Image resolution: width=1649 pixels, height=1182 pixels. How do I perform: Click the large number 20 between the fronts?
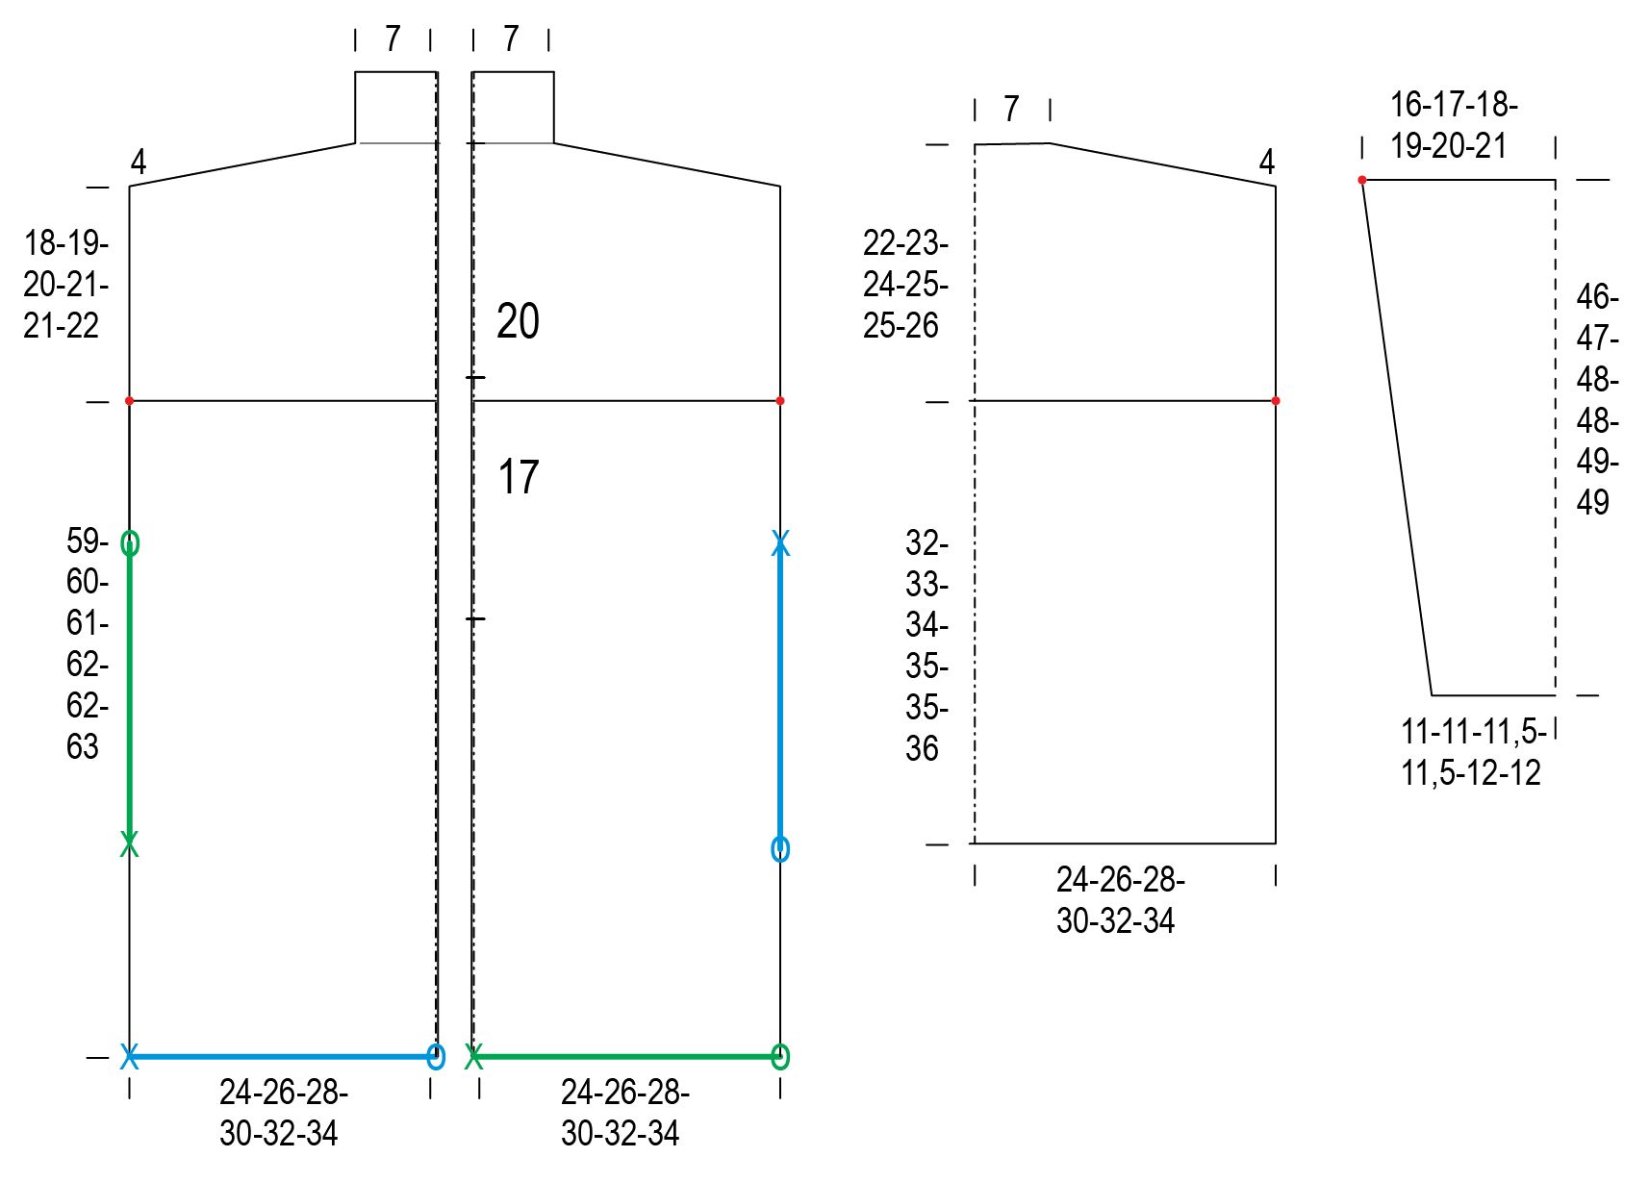coord(518,321)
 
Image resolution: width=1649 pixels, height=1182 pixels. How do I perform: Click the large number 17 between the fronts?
coord(519,476)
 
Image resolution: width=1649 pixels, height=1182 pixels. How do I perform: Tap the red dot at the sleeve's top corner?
coord(1362,180)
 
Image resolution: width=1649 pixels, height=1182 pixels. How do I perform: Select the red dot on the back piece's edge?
coord(1275,401)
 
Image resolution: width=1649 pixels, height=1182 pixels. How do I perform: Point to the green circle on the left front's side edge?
coord(130,543)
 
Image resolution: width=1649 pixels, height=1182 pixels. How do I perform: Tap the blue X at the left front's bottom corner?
coord(130,1057)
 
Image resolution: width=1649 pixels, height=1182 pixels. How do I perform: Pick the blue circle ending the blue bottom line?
coord(436,1057)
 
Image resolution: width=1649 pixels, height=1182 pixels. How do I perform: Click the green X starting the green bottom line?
coord(474,1057)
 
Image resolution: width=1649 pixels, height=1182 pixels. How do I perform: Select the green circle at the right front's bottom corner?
coord(780,1057)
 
